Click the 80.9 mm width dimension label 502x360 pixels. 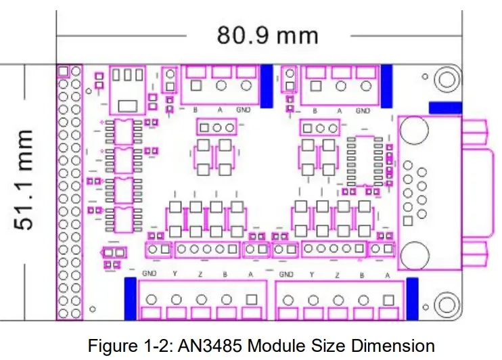point(267,34)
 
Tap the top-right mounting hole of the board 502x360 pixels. point(447,79)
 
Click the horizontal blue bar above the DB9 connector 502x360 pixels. point(445,108)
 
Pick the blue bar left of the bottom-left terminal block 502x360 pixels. point(131,298)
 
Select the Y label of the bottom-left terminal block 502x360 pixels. point(176,275)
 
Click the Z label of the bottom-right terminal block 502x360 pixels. point(336,275)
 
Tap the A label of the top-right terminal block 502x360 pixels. point(339,110)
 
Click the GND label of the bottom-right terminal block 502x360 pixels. point(286,275)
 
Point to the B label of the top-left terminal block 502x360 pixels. point(196,110)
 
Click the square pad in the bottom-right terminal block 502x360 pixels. point(388,300)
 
